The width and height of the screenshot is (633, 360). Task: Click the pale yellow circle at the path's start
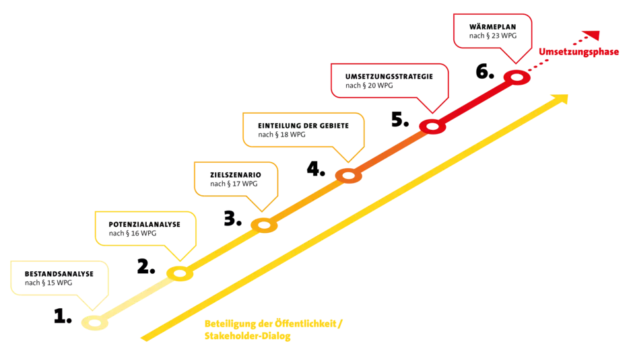tap(95, 323)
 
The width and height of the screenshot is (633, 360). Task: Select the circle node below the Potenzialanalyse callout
tap(180, 273)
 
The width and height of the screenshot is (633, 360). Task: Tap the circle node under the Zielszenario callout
tap(264, 225)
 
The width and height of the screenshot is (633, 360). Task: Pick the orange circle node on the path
tap(349, 176)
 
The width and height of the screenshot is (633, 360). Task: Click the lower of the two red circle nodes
tap(432, 127)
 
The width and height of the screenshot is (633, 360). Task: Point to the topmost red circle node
tap(517, 77)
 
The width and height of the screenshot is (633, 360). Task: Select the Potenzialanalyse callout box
tap(145, 229)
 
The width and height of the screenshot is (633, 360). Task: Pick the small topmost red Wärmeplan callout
tap(492, 31)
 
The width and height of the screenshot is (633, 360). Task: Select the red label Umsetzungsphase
tap(578, 52)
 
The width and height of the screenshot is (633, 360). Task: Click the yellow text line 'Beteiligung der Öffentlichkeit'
tap(273, 324)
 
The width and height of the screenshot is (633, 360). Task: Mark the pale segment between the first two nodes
tap(137, 298)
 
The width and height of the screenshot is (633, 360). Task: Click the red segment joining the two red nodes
tap(475, 102)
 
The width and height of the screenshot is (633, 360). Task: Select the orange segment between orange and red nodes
tap(391, 151)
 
